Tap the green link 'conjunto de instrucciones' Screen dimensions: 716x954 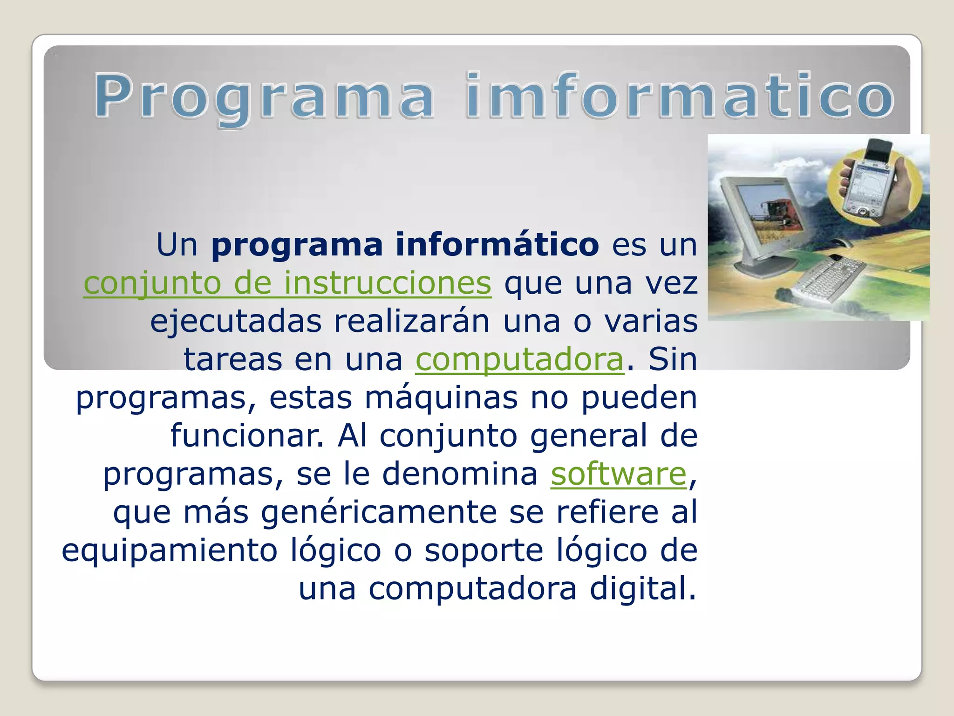point(287,283)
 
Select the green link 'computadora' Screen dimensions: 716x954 point(519,359)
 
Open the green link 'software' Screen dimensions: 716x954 point(619,474)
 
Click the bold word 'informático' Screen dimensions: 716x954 point(497,245)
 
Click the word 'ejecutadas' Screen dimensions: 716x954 point(236,322)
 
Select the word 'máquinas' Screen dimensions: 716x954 point(441,398)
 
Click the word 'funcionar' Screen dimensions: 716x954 point(246,436)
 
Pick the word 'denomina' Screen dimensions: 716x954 point(460,474)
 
